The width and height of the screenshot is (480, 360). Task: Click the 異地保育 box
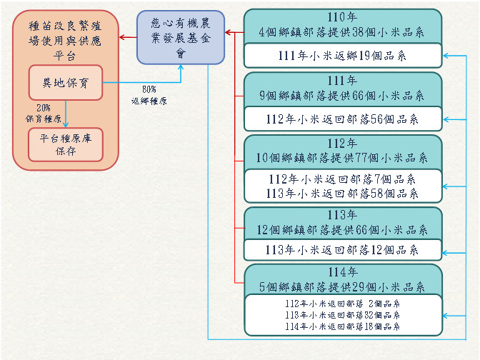pyautogui.click(x=66, y=83)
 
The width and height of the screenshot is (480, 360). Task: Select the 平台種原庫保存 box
pyautogui.click(x=66, y=144)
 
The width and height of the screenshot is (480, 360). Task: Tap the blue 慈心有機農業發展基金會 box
pyautogui.click(x=181, y=36)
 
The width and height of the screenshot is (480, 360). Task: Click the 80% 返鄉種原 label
pyautogui.click(x=149, y=95)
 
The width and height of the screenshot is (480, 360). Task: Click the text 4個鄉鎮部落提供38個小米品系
pyautogui.click(x=342, y=32)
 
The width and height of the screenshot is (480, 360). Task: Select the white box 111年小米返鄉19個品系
pyautogui.click(x=342, y=56)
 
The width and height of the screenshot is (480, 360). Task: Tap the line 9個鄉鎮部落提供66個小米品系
pyautogui.click(x=342, y=95)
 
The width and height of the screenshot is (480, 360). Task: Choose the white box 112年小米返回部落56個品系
pyautogui.click(x=342, y=119)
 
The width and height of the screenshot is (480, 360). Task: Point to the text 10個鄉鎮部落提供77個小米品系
pyautogui.click(x=342, y=158)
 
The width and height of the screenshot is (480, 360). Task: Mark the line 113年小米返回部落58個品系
pyautogui.click(x=342, y=194)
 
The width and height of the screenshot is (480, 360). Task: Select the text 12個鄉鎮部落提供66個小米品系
pyautogui.click(x=342, y=229)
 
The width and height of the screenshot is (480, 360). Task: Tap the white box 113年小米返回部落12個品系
pyautogui.click(x=342, y=250)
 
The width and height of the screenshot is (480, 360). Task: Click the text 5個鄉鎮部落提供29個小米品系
pyautogui.click(x=342, y=286)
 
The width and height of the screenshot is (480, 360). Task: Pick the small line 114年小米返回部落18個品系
pyautogui.click(x=342, y=326)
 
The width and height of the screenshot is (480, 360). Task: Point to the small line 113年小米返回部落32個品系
pyautogui.click(x=342, y=314)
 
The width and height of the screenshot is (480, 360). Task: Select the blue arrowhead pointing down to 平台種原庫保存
pyautogui.click(x=66, y=124)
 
